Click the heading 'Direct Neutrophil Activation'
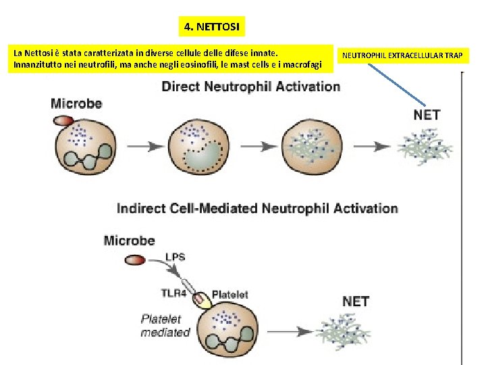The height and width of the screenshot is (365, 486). [250, 87]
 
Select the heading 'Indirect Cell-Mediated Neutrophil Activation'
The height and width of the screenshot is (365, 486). [257, 208]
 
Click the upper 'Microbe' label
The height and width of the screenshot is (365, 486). [76, 103]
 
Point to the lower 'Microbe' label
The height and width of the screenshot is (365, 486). [129, 241]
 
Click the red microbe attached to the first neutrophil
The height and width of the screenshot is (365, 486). [63, 120]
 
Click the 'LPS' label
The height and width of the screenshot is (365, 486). [174, 256]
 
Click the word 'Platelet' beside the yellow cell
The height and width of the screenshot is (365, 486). [230, 294]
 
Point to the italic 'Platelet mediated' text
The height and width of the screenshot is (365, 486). [165, 325]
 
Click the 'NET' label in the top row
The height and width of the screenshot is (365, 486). [427, 115]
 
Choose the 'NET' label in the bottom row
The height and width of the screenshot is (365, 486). [356, 301]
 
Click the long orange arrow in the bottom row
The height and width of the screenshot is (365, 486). [279, 331]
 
